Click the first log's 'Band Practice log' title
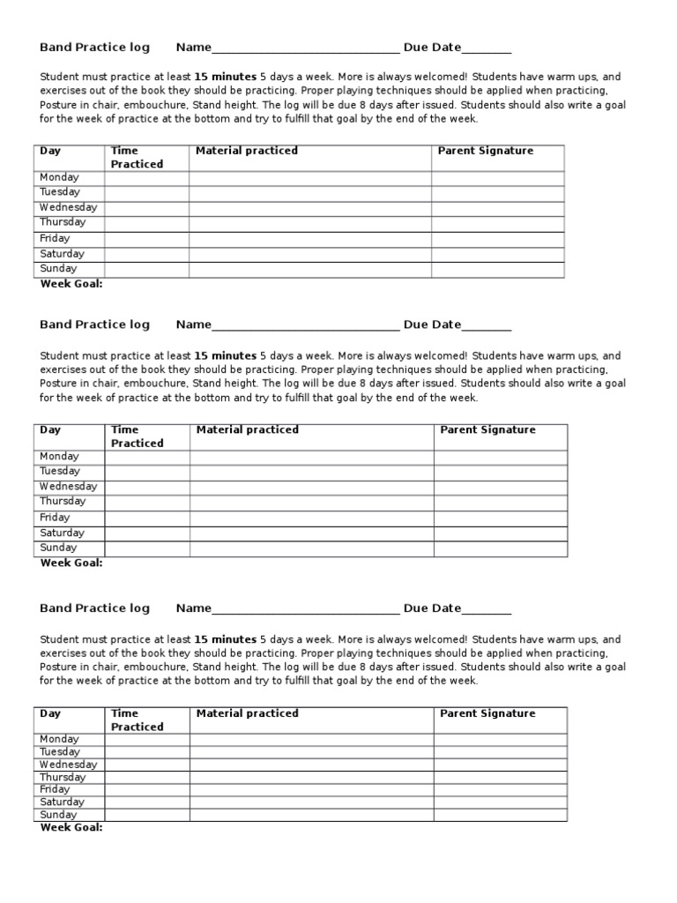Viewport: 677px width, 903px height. point(94,48)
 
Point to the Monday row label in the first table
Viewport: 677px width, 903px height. point(59,177)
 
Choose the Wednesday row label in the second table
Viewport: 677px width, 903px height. point(68,487)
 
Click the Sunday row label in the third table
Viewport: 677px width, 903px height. point(58,815)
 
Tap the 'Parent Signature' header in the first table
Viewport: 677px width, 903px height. point(486,151)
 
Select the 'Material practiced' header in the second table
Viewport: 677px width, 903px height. point(247,430)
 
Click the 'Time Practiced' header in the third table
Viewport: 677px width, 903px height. point(137,720)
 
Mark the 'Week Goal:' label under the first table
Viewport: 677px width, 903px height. point(71,284)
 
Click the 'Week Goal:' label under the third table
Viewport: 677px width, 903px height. point(71,828)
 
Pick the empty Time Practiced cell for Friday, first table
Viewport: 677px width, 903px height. point(146,239)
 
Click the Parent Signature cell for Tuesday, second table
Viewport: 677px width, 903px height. point(500,472)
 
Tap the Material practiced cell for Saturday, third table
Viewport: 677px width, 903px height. point(310,802)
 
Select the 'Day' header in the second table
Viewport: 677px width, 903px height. point(50,430)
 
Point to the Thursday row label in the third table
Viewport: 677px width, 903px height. point(63,778)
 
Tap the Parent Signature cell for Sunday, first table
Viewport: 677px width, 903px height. point(497,269)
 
